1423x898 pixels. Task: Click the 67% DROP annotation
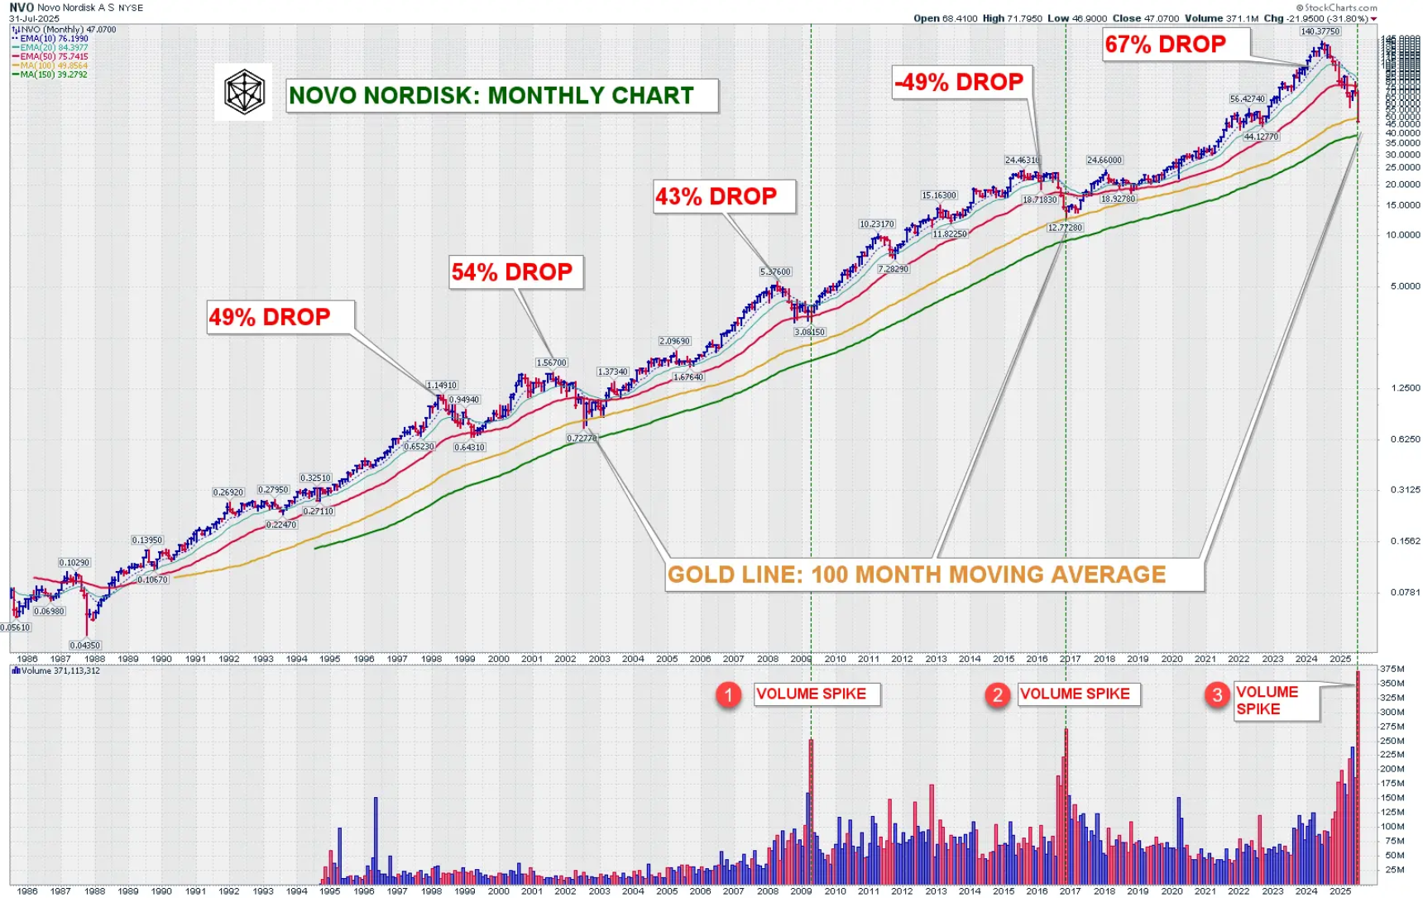[x=1166, y=45]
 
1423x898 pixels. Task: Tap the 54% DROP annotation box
[x=512, y=272]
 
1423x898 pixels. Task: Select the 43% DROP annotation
[x=716, y=197]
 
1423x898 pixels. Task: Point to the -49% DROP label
[x=960, y=83]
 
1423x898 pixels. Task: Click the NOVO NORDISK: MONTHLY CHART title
[x=491, y=96]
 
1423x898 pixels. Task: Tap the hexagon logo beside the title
[x=244, y=92]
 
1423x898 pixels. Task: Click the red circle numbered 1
[x=728, y=694]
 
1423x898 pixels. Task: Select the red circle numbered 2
[x=998, y=694]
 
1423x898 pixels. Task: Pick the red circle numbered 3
[x=1217, y=694]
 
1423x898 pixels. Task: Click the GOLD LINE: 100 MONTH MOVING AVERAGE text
[x=917, y=574]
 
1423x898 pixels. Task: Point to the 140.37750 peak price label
[x=1320, y=31]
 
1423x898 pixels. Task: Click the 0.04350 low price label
[x=84, y=646]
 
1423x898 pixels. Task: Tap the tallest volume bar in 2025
[x=1358, y=778]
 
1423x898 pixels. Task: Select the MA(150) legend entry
[x=50, y=74]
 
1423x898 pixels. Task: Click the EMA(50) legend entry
[x=51, y=56]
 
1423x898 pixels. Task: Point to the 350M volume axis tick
[x=1392, y=684]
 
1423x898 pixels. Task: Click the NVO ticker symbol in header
[x=22, y=7]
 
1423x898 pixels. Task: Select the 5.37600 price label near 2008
[x=775, y=271]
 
